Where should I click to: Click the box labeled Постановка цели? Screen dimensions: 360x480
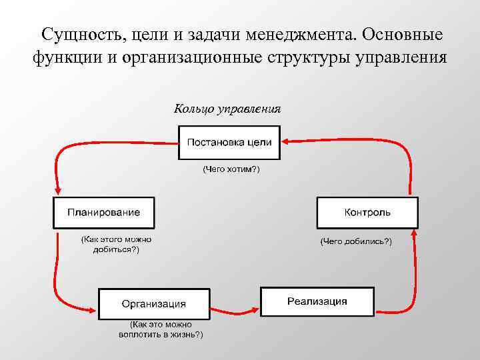point(229,142)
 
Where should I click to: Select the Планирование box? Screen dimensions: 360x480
point(103,213)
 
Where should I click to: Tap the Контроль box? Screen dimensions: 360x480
point(367,213)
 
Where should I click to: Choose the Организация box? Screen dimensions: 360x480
point(154,304)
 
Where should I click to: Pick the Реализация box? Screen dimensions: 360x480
point(317,301)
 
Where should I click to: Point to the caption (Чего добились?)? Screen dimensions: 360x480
point(356,241)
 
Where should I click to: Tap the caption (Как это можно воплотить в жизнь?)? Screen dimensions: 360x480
point(161,329)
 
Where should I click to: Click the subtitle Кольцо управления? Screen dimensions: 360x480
point(227,109)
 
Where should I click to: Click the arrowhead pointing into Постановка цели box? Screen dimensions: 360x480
point(284,141)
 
